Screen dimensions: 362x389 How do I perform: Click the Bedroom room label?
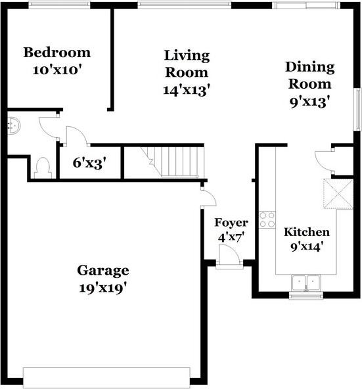pyautogui.click(x=57, y=53)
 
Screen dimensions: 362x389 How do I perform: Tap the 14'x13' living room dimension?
pyautogui.click(x=187, y=90)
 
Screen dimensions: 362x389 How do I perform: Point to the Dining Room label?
pyautogui.click(x=310, y=76)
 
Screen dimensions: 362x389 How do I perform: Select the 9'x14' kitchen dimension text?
pyautogui.click(x=307, y=247)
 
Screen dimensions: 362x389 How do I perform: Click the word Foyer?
pyautogui.click(x=231, y=223)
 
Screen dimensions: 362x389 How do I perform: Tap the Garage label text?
pyautogui.click(x=103, y=271)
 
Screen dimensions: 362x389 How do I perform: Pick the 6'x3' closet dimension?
pyautogui.click(x=91, y=163)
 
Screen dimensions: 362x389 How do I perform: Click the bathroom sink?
pyautogui.click(x=14, y=126)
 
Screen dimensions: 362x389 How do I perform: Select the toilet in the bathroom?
pyautogui.click(x=43, y=168)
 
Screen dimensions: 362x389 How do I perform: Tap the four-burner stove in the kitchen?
pyautogui.click(x=267, y=220)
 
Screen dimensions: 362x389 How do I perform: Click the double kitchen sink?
pyautogui.click(x=305, y=283)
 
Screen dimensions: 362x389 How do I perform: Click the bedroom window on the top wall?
pyautogui.click(x=59, y=5)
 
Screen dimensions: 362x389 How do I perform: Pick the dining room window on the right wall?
pyautogui.click(x=357, y=109)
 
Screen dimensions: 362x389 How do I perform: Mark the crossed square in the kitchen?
pyautogui.click(x=338, y=194)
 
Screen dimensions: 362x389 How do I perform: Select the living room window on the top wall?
pyautogui.click(x=185, y=5)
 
